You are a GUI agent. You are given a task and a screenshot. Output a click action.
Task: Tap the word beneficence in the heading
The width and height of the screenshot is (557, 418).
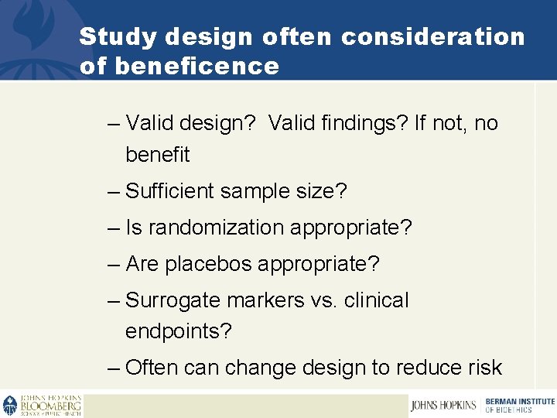pos(196,66)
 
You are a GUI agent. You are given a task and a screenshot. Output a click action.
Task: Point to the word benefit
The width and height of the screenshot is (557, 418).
pos(157,155)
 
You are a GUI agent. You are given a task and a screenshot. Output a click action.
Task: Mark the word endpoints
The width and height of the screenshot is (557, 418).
pos(178,331)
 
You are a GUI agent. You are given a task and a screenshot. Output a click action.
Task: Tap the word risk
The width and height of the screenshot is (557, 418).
pos(484,368)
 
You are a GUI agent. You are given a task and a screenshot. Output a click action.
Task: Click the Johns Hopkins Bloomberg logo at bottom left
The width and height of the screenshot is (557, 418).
pos(43,405)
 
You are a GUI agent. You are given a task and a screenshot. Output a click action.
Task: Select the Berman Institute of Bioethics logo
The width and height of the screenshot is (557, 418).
pos(519,405)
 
